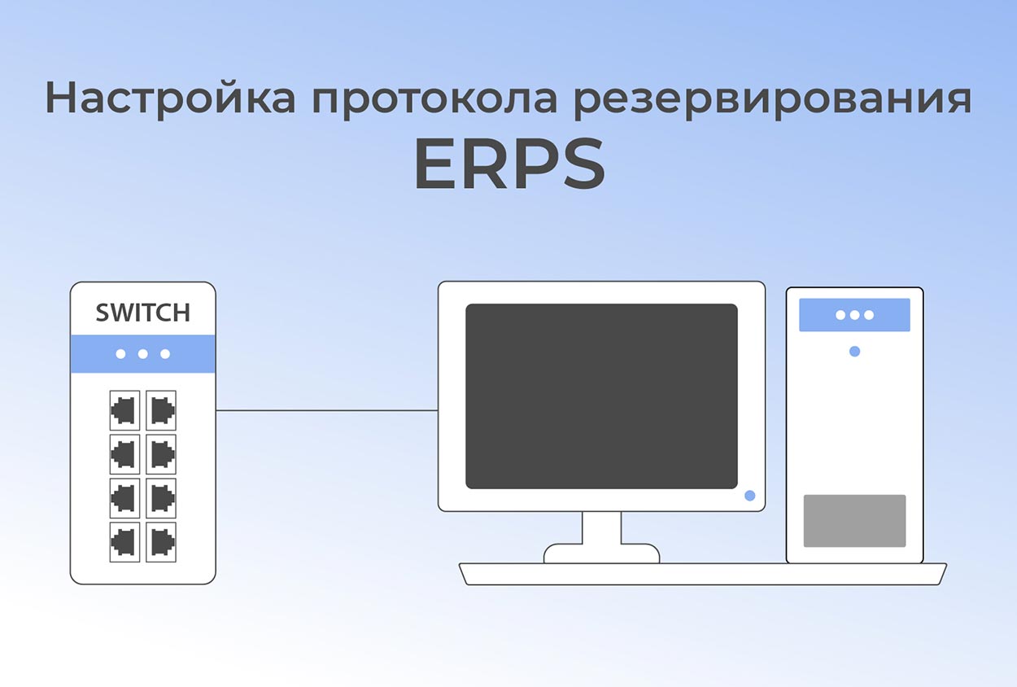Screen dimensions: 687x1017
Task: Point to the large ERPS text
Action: pyautogui.click(x=509, y=164)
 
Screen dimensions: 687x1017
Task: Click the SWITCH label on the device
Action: pyautogui.click(x=143, y=313)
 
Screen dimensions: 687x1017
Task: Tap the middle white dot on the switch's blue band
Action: pyautogui.click(x=143, y=354)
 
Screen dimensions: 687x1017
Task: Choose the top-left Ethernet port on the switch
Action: pyautogui.click(x=124, y=410)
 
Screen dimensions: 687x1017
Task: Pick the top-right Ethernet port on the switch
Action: pyautogui.click(x=161, y=410)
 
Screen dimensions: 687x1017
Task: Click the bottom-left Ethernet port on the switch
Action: pyautogui.click(x=124, y=541)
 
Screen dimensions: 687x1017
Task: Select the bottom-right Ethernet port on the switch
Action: pyautogui.click(x=161, y=541)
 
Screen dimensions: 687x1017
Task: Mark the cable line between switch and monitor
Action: pyautogui.click(x=325, y=410)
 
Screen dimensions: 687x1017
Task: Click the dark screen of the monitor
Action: pyautogui.click(x=601, y=396)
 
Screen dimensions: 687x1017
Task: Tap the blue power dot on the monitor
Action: pyautogui.click(x=749, y=495)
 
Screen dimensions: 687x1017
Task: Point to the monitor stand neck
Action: pyautogui.click(x=601, y=528)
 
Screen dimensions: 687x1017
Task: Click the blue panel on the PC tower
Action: pyautogui.click(x=854, y=315)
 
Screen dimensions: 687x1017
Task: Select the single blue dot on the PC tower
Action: pyautogui.click(x=854, y=352)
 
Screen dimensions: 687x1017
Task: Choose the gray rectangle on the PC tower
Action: pyautogui.click(x=854, y=521)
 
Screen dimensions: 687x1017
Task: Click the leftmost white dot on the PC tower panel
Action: pyautogui.click(x=840, y=315)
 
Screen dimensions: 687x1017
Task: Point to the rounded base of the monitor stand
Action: pyautogui.click(x=601, y=554)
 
